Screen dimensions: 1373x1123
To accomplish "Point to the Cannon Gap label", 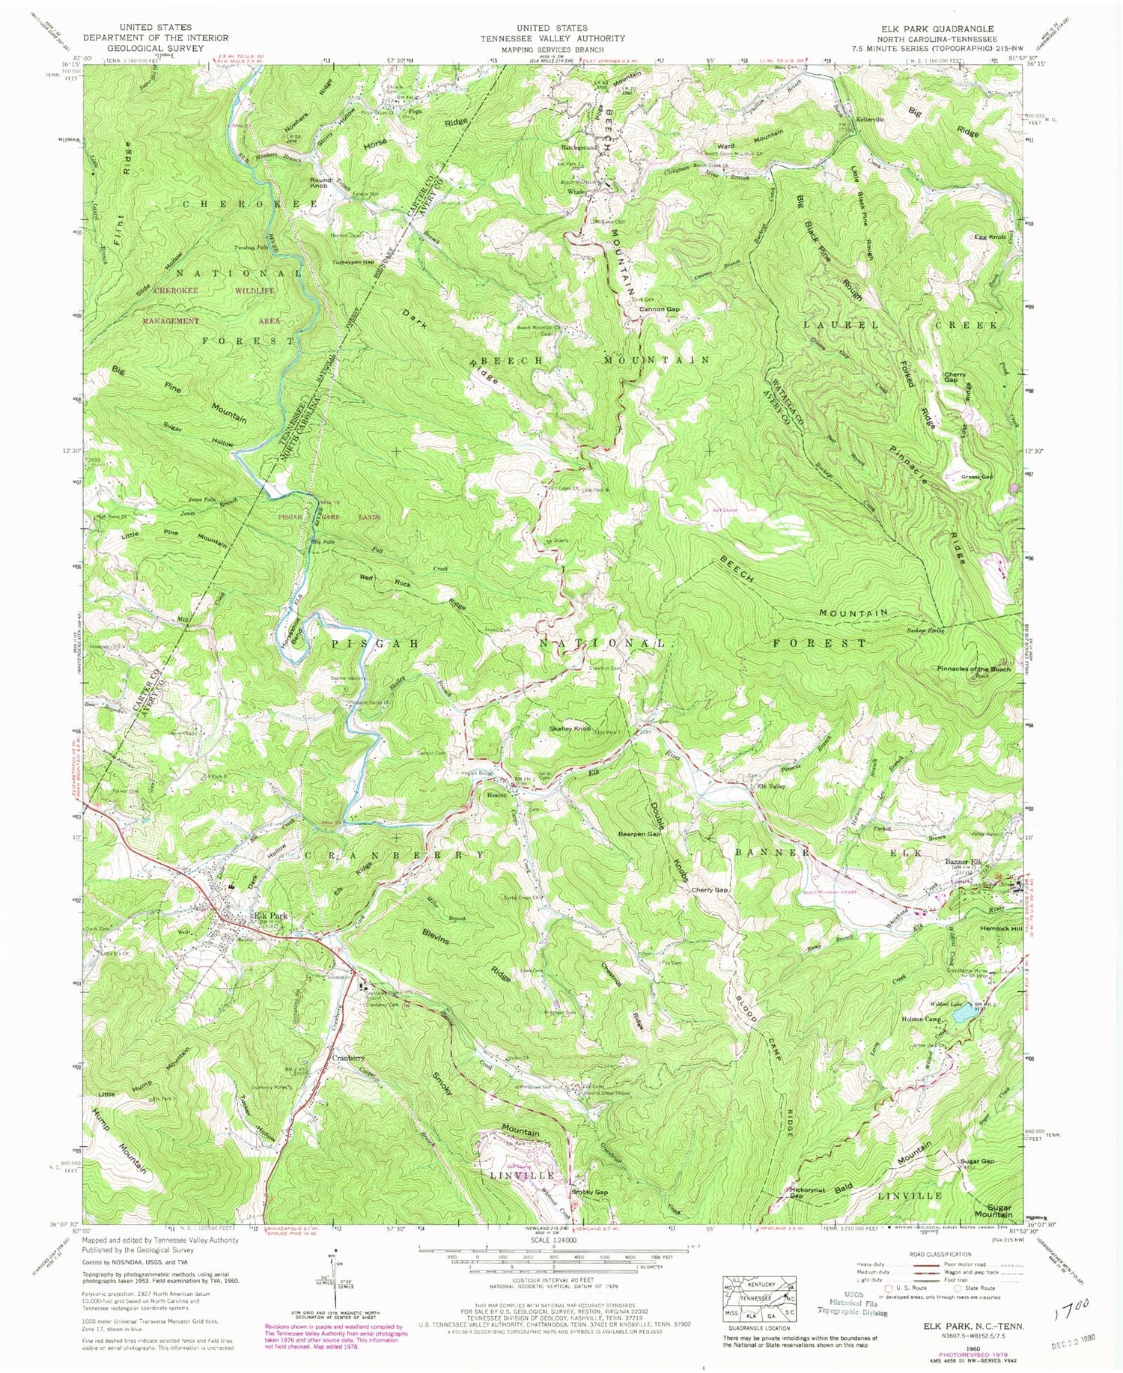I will point(659,309).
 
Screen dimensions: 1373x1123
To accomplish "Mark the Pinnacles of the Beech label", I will point(973,669).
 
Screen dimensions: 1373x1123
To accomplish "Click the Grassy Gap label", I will point(978,477).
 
